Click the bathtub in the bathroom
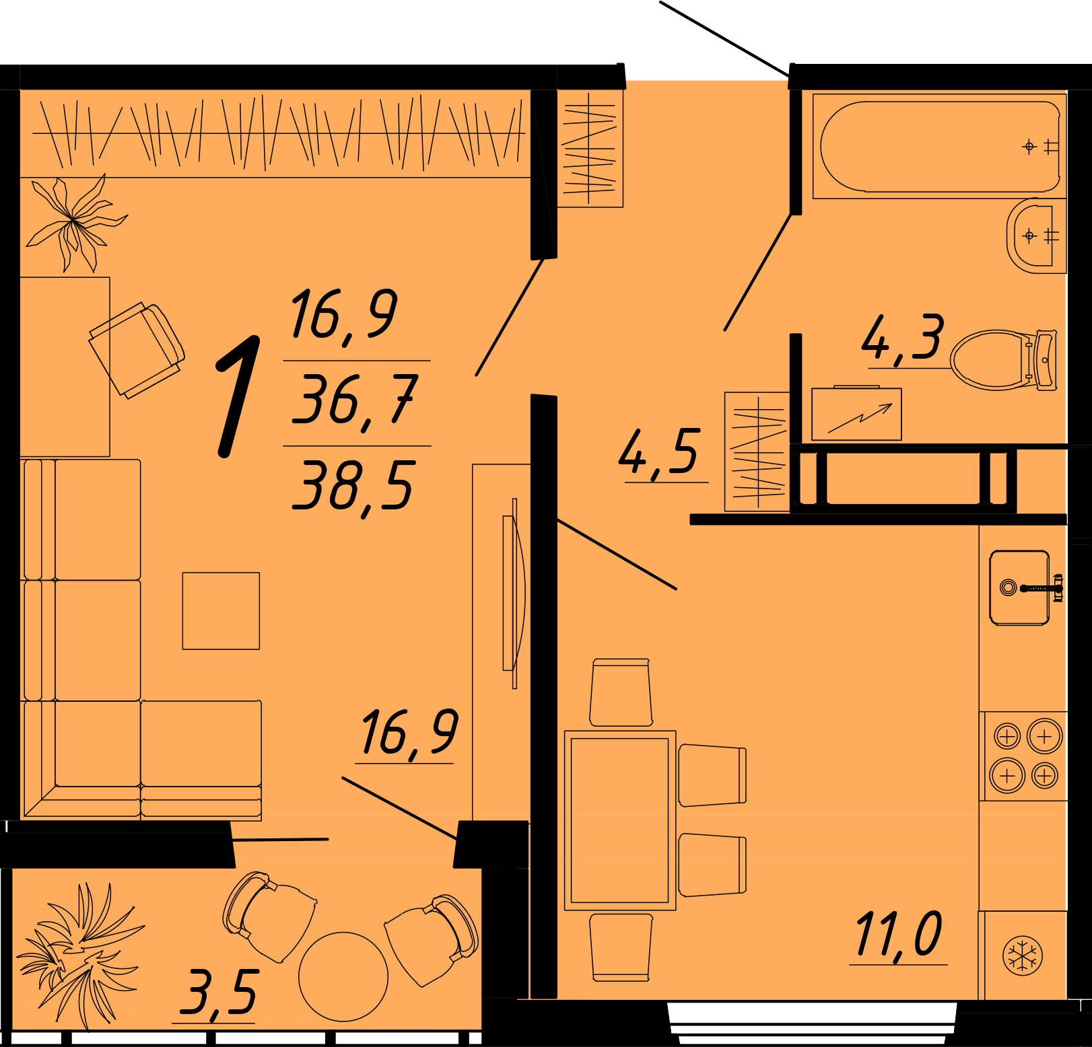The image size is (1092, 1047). coord(939,146)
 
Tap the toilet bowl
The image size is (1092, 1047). coord(1003,360)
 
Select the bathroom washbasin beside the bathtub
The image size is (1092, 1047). coord(1036,236)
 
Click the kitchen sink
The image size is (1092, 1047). coord(1019,587)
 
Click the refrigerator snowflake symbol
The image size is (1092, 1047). coord(1022,955)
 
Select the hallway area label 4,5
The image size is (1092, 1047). coord(660,452)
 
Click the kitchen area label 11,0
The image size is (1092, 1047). coord(899,935)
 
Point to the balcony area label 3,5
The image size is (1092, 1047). coord(219,992)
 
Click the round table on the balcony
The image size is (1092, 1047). coord(343,976)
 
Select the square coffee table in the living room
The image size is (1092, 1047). coord(221,611)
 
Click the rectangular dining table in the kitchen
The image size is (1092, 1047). coord(620,820)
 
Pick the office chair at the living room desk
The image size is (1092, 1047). coord(137,350)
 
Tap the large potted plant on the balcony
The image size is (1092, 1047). coord(79,954)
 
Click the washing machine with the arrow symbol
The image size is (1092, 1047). coord(856,414)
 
